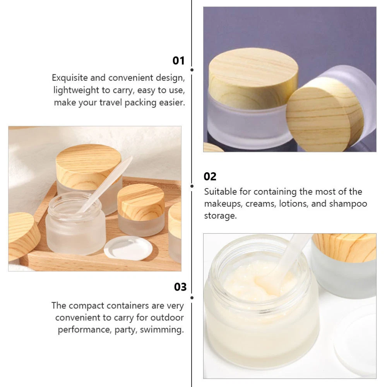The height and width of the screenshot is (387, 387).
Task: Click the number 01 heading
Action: (x=178, y=61)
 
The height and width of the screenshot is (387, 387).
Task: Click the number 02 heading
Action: (x=210, y=176)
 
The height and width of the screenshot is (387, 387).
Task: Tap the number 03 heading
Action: (x=180, y=287)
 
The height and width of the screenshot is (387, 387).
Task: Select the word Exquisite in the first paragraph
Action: (x=70, y=78)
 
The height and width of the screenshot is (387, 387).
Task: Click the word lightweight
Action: (x=76, y=90)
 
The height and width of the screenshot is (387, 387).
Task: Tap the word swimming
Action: (x=162, y=330)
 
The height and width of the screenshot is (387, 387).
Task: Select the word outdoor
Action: (x=167, y=317)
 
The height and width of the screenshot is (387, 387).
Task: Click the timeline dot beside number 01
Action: (x=192, y=70)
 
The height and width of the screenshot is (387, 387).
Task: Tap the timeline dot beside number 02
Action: (x=192, y=186)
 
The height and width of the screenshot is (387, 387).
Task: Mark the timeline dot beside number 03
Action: (x=192, y=298)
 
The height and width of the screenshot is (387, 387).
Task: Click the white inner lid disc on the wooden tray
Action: (x=128, y=248)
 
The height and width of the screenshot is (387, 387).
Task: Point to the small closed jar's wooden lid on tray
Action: (x=141, y=202)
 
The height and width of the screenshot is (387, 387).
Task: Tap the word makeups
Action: (x=223, y=204)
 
